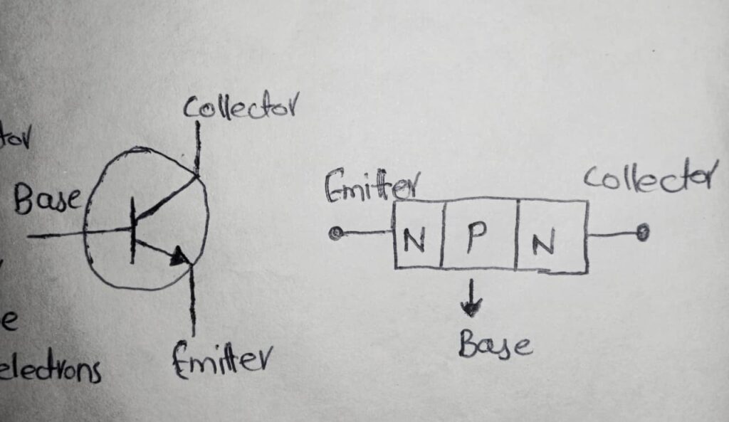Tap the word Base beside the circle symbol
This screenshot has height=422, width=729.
pyautogui.click(x=48, y=201)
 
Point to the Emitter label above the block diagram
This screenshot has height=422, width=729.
pyautogui.click(x=370, y=186)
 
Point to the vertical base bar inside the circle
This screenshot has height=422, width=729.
pyautogui.click(x=133, y=231)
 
